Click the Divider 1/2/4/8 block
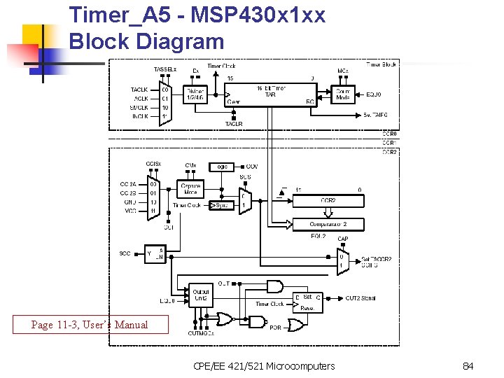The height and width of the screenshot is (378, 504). pos(195,94)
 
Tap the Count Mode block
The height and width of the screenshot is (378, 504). pos(343,94)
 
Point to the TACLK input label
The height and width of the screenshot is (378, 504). pos(139,90)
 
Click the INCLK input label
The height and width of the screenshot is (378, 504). pos(139,116)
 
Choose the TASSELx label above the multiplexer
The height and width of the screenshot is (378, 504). pos(165,69)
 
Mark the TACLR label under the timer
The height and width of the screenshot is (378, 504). pos(234,124)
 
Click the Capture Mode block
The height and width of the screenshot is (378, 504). pos(190,188)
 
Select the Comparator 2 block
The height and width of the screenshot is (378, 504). pos(328,225)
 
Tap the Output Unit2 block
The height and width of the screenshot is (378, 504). pos(201,295)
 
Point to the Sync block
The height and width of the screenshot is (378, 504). pos(222,205)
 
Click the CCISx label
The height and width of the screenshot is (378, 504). pos(153,164)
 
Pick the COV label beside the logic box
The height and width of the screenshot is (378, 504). pos(252,167)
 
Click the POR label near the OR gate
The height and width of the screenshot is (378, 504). pos(275,327)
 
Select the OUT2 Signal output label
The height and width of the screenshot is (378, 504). pos(360,298)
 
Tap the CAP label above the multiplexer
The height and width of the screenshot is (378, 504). pos(342,239)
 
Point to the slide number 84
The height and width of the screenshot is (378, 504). pos(468,366)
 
